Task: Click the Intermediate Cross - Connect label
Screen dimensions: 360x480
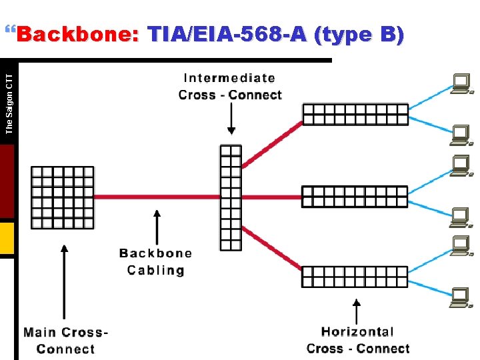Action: point(230,87)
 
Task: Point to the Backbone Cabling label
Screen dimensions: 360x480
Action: point(156,261)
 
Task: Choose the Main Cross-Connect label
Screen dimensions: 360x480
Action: point(65,340)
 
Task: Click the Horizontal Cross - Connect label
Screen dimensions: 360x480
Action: point(358,339)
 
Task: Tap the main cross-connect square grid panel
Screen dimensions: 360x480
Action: point(63,197)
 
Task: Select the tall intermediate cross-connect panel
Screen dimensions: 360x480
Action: point(231,197)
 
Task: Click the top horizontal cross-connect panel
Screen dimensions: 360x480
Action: point(355,114)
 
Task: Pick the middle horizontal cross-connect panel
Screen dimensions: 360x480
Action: point(354,197)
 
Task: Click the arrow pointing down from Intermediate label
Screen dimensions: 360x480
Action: point(231,120)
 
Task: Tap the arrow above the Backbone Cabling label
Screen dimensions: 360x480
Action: point(157,227)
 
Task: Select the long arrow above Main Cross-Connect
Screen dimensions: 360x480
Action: point(64,280)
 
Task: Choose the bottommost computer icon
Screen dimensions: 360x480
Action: point(460,298)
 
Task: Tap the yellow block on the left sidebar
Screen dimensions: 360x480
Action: point(7,239)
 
